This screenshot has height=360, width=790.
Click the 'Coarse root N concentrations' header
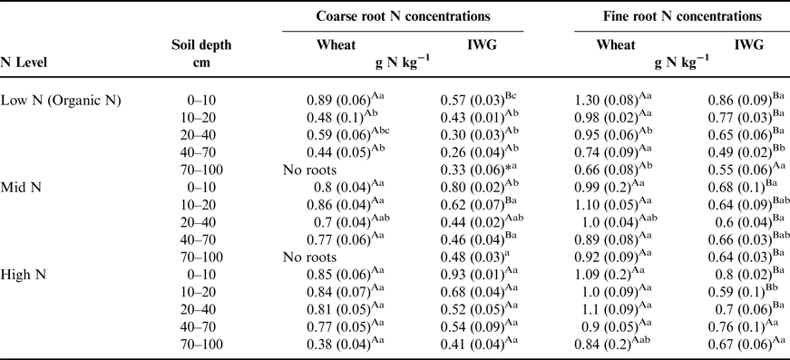pos(404,17)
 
